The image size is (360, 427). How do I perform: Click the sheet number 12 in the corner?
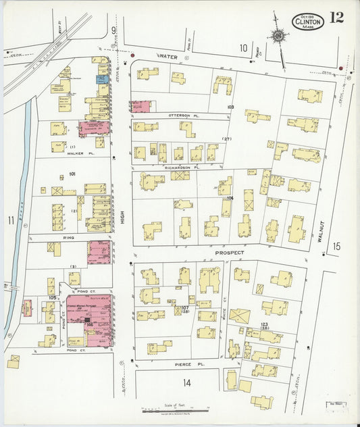coord(336,18)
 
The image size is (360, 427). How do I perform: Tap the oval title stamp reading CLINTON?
coord(308,22)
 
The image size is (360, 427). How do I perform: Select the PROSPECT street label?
coord(228,253)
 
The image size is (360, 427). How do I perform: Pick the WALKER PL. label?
coord(80,153)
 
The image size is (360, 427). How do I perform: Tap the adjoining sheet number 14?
coord(186,382)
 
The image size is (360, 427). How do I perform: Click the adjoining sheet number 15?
coord(336,247)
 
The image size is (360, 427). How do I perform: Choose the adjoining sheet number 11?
coord(10,220)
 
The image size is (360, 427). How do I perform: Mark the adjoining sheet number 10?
coord(243,47)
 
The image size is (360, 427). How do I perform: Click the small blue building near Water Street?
coord(101,80)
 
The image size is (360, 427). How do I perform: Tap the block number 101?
coord(72,174)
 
